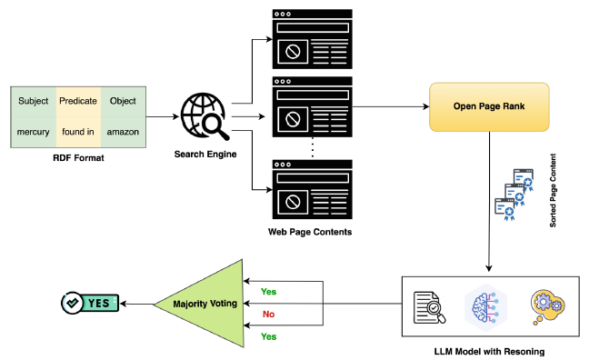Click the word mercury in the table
coord(33,132)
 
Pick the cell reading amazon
coord(122,132)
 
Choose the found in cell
coord(77,132)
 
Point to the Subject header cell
coord(33,101)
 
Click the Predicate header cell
coord(77,101)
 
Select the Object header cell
coord(122,101)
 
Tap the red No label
coord(268,314)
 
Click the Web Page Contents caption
coord(311,233)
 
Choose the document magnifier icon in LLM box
coord(428,306)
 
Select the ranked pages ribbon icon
coord(513,195)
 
